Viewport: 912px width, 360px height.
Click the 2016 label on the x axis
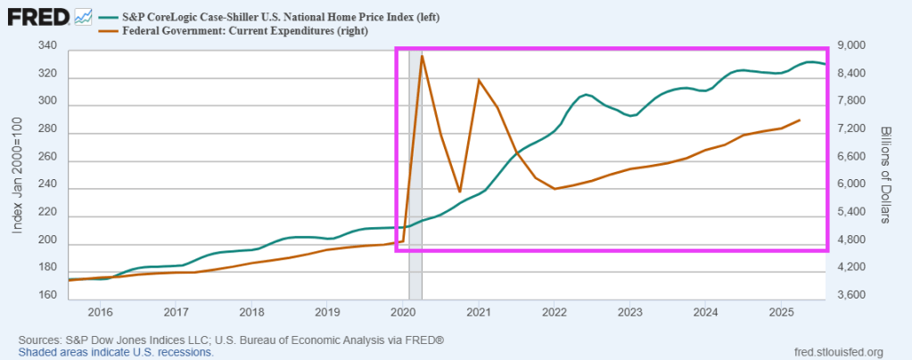click(100, 312)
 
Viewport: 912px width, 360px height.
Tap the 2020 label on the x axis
click(403, 312)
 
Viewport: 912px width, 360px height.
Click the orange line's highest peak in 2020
click(422, 56)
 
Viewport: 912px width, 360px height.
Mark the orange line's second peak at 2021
click(479, 80)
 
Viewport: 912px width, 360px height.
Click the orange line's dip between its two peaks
click(460, 192)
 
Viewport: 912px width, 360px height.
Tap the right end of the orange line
click(800, 119)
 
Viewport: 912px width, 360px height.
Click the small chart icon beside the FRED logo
click(84, 16)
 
